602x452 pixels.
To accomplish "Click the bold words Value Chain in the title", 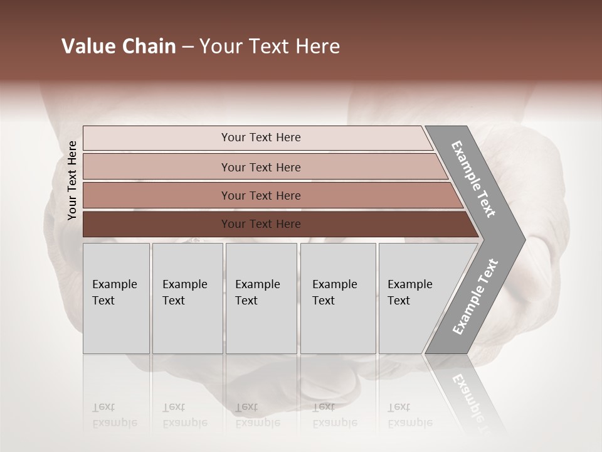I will coord(119,46).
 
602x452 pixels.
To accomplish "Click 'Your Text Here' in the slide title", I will coord(270,46).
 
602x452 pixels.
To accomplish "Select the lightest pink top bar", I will coord(157,138).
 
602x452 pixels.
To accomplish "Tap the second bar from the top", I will coord(157,167).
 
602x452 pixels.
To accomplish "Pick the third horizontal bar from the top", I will coord(157,195).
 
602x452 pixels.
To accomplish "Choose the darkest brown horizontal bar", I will coord(157,224).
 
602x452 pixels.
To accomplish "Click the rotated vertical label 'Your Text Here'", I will coord(72,181).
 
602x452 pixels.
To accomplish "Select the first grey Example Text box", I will coord(116,298).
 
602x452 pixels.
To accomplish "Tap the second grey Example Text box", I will coord(187,298).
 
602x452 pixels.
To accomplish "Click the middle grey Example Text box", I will coord(261,298).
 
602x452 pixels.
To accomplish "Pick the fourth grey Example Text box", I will coord(338,298).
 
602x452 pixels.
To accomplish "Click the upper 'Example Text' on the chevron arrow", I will coord(473,179).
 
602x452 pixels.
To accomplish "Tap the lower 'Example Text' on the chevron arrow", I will coord(475,297).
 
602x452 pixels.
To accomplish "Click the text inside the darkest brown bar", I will coord(261,224).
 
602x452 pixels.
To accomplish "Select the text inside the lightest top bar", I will coord(261,137).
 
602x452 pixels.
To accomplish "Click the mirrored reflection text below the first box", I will coord(114,415).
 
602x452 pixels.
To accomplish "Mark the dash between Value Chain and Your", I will coord(187,47).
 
